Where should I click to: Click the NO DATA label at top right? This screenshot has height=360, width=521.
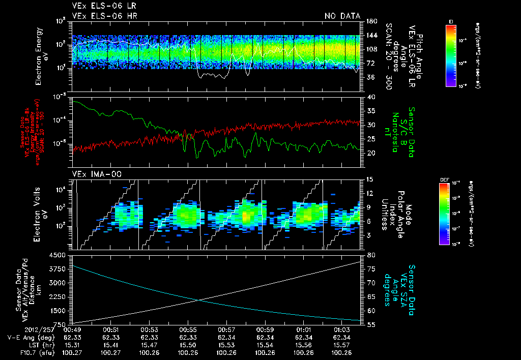[x=342, y=16]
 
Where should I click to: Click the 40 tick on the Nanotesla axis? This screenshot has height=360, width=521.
[x=370, y=97]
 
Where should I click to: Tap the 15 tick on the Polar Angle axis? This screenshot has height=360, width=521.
[x=370, y=179]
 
